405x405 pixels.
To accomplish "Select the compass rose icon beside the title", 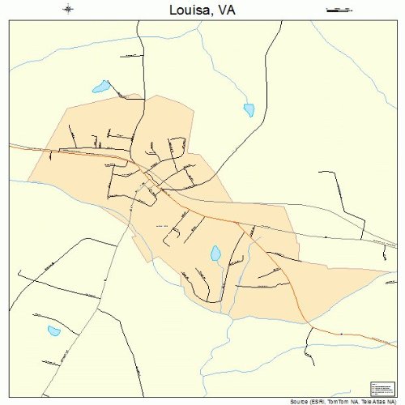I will [x=69, y=10].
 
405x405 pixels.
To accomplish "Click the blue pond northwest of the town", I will [x=100, y=86].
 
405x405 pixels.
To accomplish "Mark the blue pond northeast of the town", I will [x=249, y=109].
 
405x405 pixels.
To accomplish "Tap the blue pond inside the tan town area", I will [x=216, y=254].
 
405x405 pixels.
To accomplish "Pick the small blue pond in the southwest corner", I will [x=53, y=330].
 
